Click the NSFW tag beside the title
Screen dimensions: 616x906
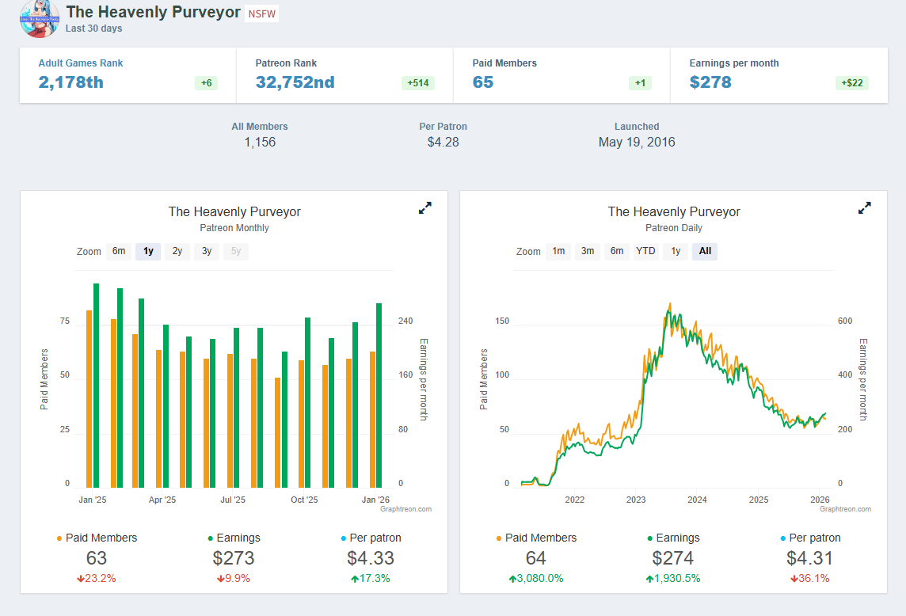click(x=262, y=13)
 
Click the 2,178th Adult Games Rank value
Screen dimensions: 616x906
click(x=71, y=82)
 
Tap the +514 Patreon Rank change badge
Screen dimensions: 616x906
click(x=417, y=83)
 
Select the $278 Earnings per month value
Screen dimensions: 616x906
click(x=710, y=82)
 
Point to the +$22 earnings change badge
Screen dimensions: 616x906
click(x=851, y=83)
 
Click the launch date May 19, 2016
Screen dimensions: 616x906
click(x=637, y=143)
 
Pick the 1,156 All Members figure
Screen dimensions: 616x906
click(x=260, y=143)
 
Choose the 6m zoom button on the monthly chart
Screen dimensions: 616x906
click(x=119, y=251)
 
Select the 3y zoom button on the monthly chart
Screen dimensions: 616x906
click(x=207, y=251)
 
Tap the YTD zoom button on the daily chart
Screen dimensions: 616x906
click(x=646, y=251)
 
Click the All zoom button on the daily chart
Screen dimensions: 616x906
click(x=705, y=251)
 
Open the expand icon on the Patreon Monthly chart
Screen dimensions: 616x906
click(x=425, y=208)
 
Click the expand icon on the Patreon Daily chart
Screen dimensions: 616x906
click(x=865, y=208)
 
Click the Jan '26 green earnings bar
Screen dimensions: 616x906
click(x=379, y=395)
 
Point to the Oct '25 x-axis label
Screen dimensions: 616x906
click(x=304, y=500)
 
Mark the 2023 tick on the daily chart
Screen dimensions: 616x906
click(x=636, y=500)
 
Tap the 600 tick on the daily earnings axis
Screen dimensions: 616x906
click(x=845, y=321)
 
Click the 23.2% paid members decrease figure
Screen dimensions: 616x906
click(x=97, y=578)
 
